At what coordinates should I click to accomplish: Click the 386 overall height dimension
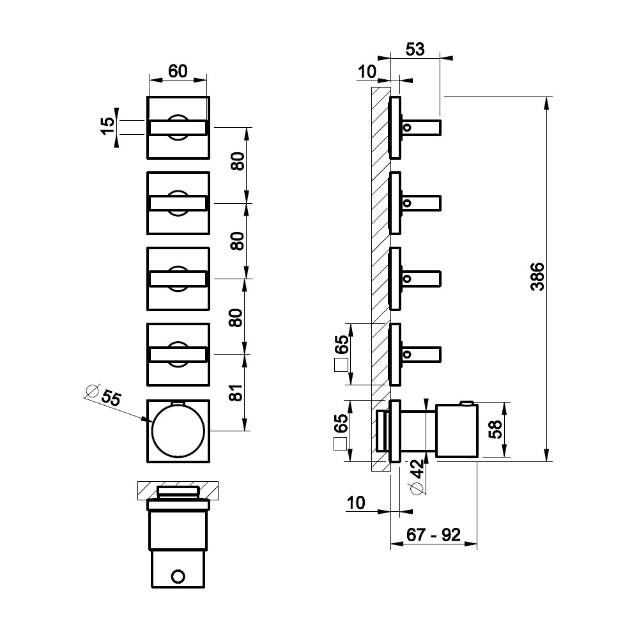[x=537, y=277]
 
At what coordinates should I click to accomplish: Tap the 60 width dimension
[x=178, y=72]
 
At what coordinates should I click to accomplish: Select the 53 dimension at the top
[x=415, y=49]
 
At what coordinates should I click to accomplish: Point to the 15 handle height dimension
[x=107, y=126]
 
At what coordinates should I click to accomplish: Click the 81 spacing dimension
[x=236, y=392]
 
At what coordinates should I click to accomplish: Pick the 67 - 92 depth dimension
[x=434, y=535]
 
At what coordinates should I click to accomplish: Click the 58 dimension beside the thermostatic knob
[x=496, y=429]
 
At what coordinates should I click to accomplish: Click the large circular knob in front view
[x=178, y=431]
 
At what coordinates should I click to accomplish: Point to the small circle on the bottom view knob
[x=178, y=576]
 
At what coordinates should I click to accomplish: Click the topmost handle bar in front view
[x=178, y=128]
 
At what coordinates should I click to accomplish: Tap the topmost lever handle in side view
[x=421, y=128]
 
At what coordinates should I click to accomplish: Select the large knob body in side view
[x=457, y=431]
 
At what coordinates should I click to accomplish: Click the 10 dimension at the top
[x=367, y=72]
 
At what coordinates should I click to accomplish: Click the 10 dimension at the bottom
[x=356, y=503]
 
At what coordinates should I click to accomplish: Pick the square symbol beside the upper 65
[x=341, y=365]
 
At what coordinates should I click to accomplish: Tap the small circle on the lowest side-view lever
[x=406, y=355]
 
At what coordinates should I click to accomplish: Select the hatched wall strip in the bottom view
[x=178, y=491]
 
